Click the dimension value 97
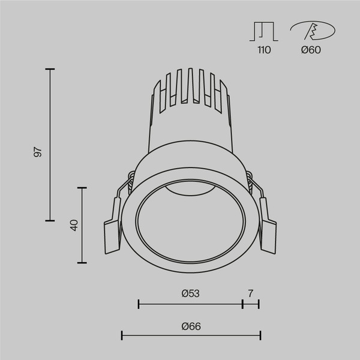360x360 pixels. click(x=38, y=151)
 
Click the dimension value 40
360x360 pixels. click(x=74, y=226)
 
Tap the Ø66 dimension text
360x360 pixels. click(x=190, y=326)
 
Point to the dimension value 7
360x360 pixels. click(x=250, y=293)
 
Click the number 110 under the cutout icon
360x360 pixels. click(x=264, y=50)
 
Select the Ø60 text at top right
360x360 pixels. click(x=311, y=50)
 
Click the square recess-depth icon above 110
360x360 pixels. click(x=264, y=31)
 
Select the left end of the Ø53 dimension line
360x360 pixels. click(x=139, y=304)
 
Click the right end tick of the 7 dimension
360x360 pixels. click(x=259, y=304)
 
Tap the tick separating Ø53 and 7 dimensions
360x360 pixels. click(x=242, y=304)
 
